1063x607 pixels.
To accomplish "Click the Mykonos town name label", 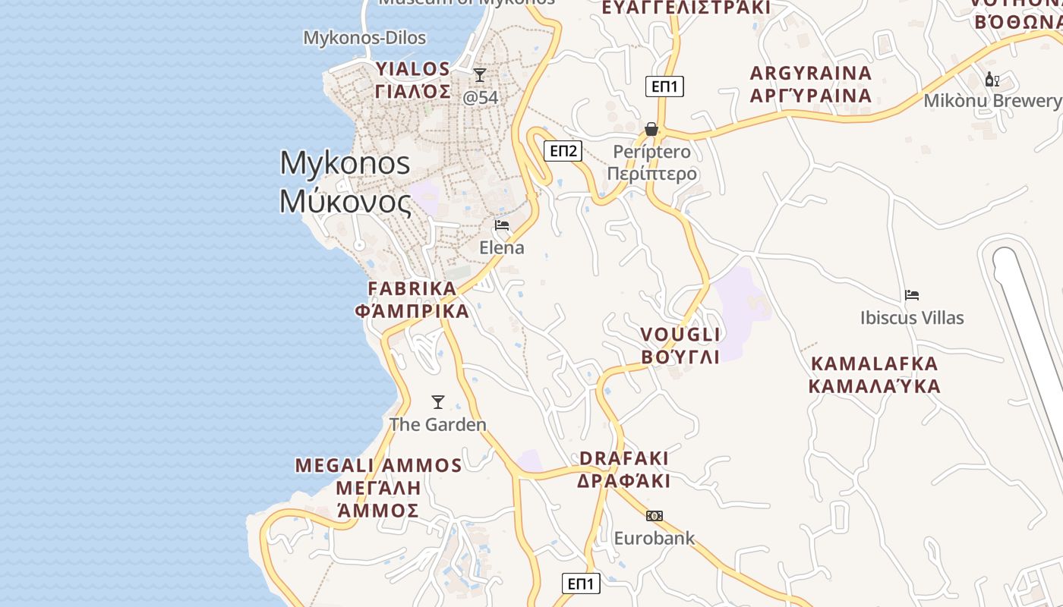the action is pyautogui.click(x=345, y=182).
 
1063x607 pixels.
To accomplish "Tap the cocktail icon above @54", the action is pyautogui.click(x=480, y=75).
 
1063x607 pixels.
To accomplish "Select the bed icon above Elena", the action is pyautogui.click(x=502, y=225).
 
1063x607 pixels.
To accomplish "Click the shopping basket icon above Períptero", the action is pyautogui.click(x=651, y=129).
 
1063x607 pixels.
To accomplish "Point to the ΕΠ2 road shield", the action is pyautogui.click(x=563, y=151).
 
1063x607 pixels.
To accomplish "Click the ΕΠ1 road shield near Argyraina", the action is pyautogui.click(x=664, y=86).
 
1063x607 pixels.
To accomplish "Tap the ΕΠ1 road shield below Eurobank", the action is pyautogui.click(x=581, y=583).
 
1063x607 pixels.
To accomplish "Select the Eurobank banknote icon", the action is pyautogui.click(x=654, y=516).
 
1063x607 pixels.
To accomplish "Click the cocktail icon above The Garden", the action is pyautogui.click(x=438, y=402).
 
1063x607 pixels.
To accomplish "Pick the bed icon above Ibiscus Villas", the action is pyautogui.click(x=912, y=295).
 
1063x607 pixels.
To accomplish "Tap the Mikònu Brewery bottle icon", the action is pyautogui.click(x=992, y=79).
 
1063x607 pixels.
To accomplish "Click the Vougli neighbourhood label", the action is pyautogui.click(x=680, y=345).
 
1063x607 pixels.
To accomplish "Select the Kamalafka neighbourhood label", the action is pyautogui.click(x=874, y=375).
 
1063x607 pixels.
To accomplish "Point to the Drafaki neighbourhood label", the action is pyautogui.click(x=624, y=470).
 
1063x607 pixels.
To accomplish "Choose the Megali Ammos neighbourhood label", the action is pyautogui.click(x=378, y=487).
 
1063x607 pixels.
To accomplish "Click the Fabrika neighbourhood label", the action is pyautogui.click(x=412, y=300).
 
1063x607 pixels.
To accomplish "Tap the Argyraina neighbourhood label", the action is pyautogui.click(x=810, y=84).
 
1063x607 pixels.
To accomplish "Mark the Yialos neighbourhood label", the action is pyautogui.click(x=413, y=80).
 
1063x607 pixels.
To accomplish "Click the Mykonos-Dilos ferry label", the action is pyautogui.click(x=364, y=38).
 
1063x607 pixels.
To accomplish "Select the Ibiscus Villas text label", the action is pyautogui.click(x=912, y=318).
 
